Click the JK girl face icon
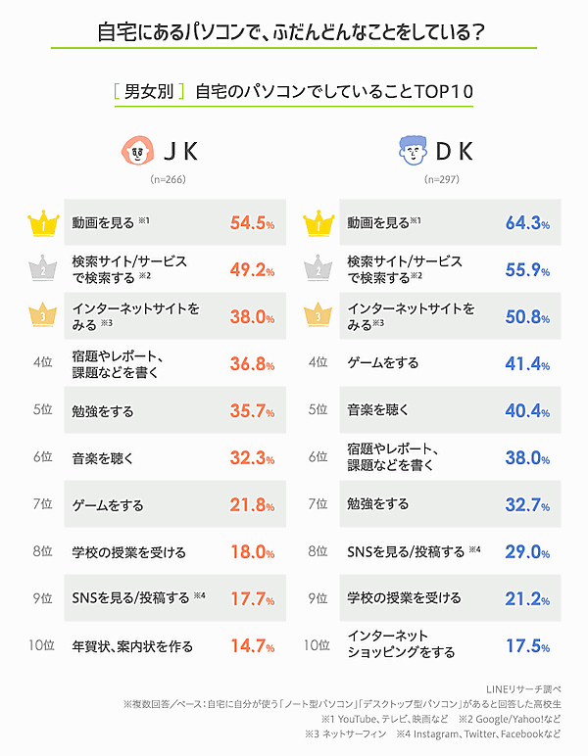[137, 152]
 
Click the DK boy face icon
[415, 152]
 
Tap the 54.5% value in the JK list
[252, 223]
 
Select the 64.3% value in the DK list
[527, 223]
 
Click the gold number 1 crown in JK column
[41, 225]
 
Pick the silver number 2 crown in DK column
[316, 269]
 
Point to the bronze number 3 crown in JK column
[41, 315]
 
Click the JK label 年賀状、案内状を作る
[132, 645]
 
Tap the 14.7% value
[252, 645]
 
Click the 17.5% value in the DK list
[527, 645]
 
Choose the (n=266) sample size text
[168, 181]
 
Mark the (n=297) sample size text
[442, 181]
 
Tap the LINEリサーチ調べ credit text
[530, 688]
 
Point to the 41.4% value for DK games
[527, 363]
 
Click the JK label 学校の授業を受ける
[128, 551]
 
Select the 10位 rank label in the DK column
[316, 645]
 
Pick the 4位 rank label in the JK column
[42, 363]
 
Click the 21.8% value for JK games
[252, 505]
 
